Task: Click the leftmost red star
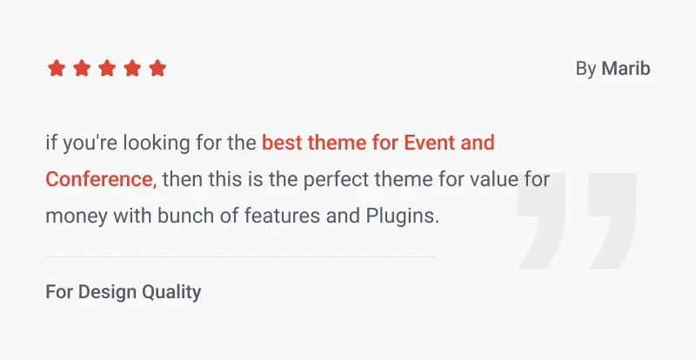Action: click(57, 69)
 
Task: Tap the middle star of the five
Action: click(107, 69)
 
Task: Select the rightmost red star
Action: click(157, 69)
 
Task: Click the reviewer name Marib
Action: click(626, 69)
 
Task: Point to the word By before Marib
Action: click(586, 70)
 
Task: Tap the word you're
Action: click(90, 143)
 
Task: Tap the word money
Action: click(77, 217)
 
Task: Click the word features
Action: click(282, 217)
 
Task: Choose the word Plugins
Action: click(403, 217)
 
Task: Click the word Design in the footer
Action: click(107, 292)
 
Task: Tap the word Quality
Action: click(171, 292)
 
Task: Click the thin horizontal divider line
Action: click(241, 257)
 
